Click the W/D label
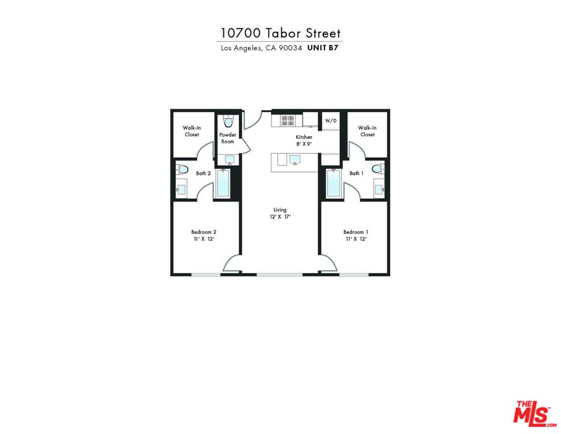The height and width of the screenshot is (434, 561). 331,121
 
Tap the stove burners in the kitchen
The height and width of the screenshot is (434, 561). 287,120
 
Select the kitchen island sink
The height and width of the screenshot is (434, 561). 295,160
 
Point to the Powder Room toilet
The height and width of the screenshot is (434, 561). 227,119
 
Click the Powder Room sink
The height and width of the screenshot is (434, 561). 229,160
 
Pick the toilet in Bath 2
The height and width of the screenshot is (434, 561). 183,169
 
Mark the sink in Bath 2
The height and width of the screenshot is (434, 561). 181,189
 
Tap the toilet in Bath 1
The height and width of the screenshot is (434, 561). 377,169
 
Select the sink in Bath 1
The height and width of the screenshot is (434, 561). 379,189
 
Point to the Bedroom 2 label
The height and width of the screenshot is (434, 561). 203,235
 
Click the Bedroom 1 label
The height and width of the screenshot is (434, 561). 356,235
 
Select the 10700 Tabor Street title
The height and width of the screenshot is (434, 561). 280,33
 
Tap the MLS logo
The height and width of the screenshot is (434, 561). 532,412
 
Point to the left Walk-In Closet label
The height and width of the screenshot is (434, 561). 191,131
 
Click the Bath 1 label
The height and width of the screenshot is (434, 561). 356,174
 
